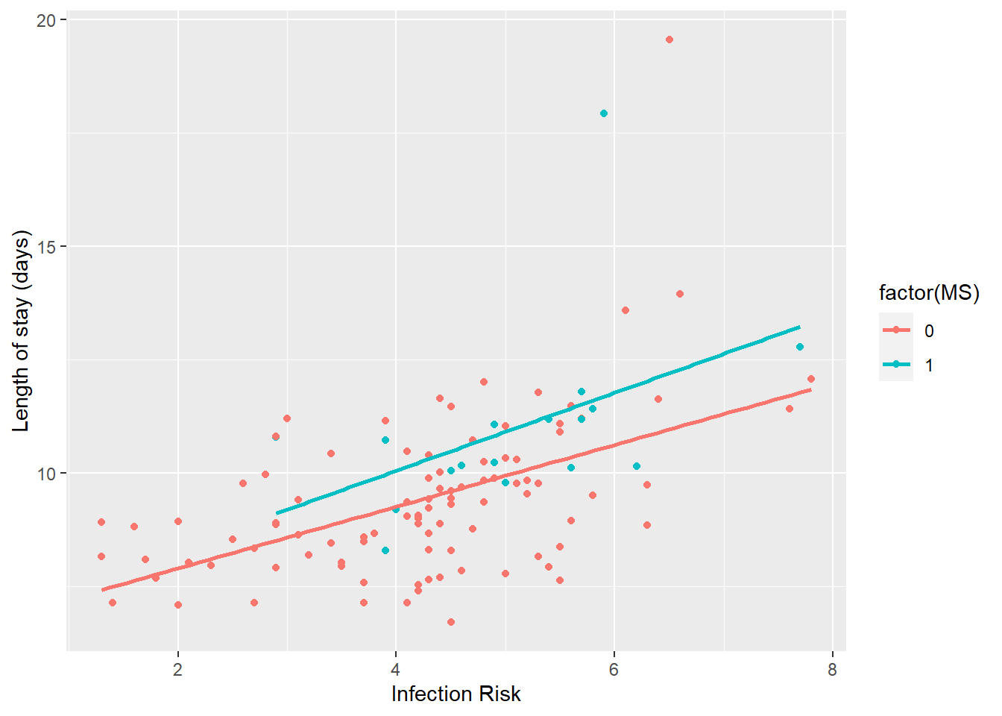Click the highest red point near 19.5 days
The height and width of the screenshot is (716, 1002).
[669, 40]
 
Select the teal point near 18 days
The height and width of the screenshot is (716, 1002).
[604, 113]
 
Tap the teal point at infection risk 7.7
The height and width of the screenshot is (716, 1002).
[800, 347]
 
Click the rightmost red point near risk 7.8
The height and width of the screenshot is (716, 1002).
[811, 379]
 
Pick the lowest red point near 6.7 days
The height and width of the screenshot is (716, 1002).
[451, 622]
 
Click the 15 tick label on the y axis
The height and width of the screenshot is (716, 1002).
[46, 247]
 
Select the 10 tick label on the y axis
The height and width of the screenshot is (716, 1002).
[46, 474]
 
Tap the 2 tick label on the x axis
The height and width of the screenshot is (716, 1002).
[177, 669]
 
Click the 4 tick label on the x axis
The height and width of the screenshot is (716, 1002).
[396, 669]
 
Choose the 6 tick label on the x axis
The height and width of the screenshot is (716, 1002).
[614, 669]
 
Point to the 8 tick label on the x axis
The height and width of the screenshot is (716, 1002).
[832, 669]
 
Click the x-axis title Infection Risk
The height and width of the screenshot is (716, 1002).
[456, 694]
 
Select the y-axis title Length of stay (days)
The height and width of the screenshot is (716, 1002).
[21, 330]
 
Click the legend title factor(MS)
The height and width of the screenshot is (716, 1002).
[929, 293]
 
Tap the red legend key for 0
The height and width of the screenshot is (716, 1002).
[896, 330]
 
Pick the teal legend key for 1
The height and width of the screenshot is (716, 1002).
[896, 365]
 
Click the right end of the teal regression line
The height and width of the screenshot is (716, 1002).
[799, 327]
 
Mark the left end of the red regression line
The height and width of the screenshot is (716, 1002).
[103, 590]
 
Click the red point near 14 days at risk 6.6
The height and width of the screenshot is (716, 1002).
[680, 294]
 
